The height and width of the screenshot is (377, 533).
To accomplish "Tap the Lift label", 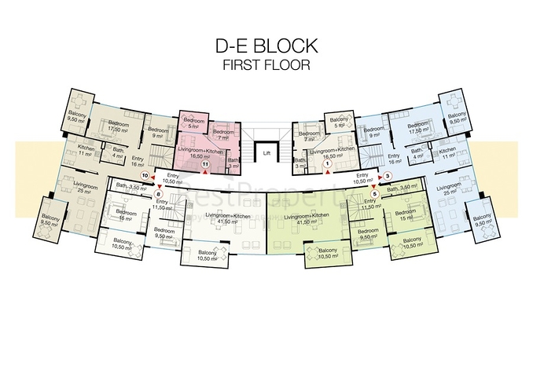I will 267,152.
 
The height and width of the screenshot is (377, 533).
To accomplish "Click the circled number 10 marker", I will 145,177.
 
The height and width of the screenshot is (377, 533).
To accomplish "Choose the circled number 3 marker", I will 388,177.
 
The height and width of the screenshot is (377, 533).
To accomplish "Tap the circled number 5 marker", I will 375,194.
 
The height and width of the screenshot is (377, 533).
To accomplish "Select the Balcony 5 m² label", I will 339,123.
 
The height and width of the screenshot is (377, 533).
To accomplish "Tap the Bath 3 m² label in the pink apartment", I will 233,163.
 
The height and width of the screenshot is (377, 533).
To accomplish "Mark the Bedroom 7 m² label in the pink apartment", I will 222,135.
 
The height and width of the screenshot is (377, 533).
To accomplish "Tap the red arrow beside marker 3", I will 380,177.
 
